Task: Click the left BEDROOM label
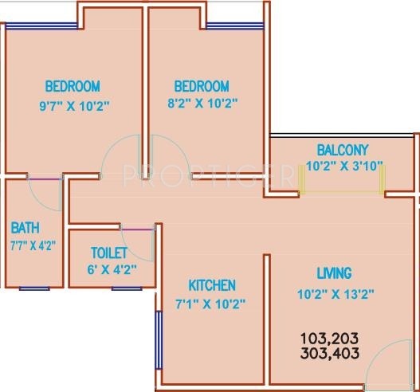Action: pos(72,86)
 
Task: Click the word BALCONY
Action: pos(342,150)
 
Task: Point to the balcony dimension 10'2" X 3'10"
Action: pos(344,166)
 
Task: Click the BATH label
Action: pos(25,228)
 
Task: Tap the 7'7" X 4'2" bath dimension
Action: pos(33,245)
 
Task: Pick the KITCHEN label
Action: pos(211,285)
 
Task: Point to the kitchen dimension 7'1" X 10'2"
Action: pos(211,303)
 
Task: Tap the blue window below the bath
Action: pos(33,288)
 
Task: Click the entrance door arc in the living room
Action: pos(394,363)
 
